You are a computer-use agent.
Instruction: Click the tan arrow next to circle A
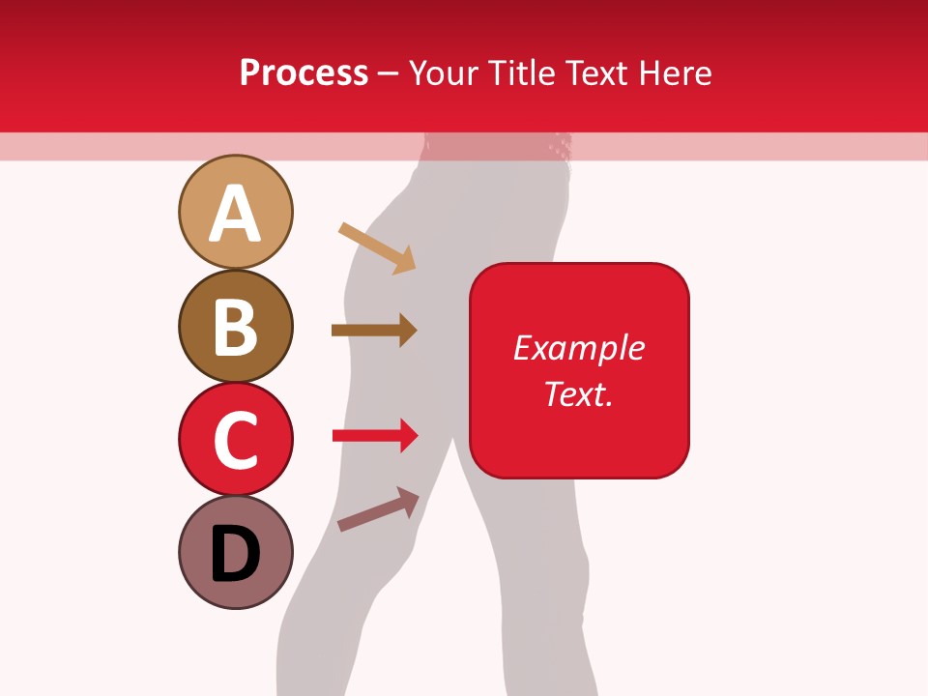coord(377,248)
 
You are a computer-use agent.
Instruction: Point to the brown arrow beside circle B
coord(373,331)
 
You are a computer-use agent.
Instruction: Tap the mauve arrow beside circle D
coord(378,509)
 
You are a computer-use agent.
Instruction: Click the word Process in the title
coord(304,73)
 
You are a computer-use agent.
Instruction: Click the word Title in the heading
coord(523,73)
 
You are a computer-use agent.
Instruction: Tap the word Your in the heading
coord(445,73)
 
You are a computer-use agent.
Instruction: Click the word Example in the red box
coord(578,348)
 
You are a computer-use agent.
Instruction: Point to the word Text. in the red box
coord(578,393)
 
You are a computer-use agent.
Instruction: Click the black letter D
coord(235,554)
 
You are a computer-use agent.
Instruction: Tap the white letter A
coord(235,215)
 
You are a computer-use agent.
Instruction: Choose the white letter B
coord(235,328)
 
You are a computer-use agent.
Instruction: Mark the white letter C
coord(235,441)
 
